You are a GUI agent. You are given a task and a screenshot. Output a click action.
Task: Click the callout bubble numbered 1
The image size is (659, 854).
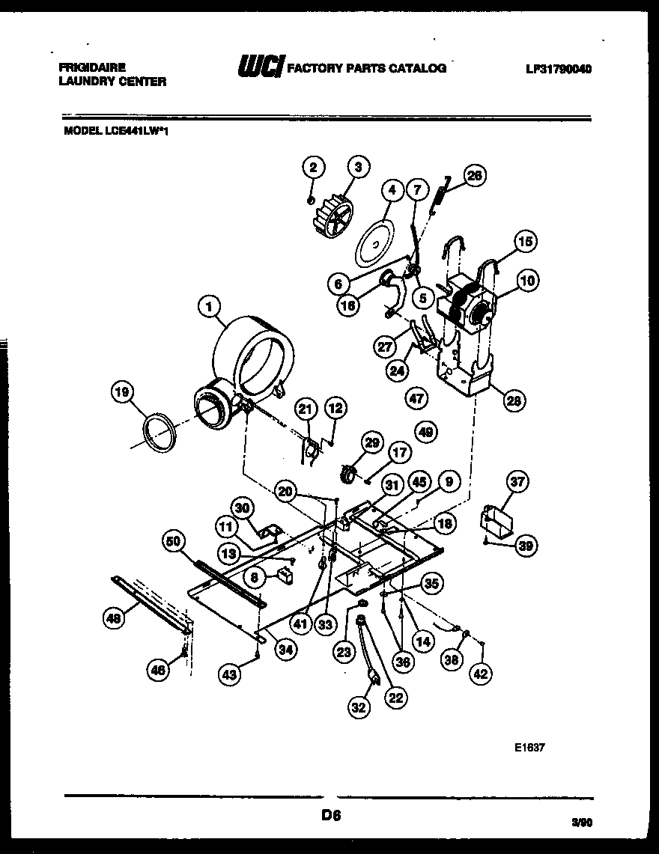210,305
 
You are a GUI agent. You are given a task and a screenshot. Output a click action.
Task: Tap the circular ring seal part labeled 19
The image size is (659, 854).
160,434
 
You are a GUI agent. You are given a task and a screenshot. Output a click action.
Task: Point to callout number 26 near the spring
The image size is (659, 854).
474,176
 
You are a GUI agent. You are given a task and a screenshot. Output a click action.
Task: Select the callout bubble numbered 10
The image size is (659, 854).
528,281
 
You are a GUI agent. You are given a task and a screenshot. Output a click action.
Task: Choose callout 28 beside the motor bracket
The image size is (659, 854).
514,400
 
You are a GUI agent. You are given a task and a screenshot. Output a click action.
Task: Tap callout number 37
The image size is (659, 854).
517,482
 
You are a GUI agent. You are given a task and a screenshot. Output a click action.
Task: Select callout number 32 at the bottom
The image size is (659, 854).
360,706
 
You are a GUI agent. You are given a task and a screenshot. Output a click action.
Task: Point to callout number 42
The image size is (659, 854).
481,673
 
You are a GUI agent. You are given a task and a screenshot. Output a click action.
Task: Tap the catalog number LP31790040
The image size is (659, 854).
558,69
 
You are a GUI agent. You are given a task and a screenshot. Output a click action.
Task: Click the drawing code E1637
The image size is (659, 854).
529,745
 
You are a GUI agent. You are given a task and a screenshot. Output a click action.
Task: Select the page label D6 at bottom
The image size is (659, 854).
330,817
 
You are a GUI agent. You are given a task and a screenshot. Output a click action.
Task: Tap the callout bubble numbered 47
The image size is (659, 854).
416,398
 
